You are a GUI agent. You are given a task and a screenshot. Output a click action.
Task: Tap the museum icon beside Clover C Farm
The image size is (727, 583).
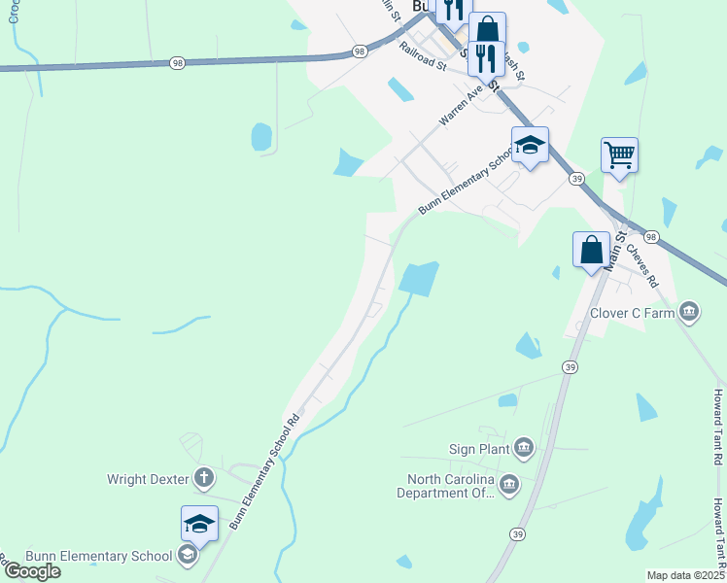tap(689, 312)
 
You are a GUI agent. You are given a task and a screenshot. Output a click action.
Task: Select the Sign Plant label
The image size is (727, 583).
tap(478, 448)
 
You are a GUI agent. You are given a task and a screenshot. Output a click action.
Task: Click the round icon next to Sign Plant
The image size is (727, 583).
tap(524, 447)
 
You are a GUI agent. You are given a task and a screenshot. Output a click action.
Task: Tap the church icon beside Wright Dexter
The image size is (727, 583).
tap(203, 477)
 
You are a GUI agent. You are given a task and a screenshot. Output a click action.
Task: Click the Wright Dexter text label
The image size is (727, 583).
tap(147, 478)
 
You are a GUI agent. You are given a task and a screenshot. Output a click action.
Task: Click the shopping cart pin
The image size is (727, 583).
tap(619, 154)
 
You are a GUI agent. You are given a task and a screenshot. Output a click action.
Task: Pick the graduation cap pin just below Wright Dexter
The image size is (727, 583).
tap(199, 524)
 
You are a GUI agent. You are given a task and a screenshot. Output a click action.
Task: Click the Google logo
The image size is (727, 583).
tap(31, 571)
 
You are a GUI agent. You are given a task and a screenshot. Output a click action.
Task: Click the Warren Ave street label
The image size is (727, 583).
tap(461, 108)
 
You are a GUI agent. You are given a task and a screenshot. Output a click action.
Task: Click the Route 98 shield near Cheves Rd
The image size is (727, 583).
tap(650, 237)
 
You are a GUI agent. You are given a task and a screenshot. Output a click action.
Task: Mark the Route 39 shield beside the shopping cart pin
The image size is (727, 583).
tap(576, 180)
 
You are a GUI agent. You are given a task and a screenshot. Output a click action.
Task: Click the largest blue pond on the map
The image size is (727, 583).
tap(419, 280)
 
